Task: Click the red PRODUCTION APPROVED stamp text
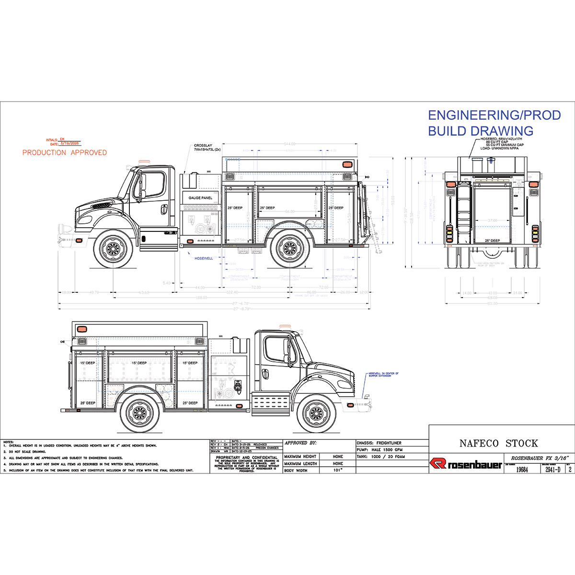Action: point(65,152)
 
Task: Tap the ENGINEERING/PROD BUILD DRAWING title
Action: point(494,123)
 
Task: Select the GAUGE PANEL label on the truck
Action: point(200,198)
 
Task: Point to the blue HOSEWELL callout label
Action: point(204,258)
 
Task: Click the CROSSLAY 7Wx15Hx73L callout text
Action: point(207,148)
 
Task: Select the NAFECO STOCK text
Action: point(498,443)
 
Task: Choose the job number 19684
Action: point(522,470)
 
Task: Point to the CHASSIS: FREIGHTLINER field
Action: point(379,443)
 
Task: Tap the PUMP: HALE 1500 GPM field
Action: point(379,450)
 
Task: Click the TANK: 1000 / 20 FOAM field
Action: point(381,457)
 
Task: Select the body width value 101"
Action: point(338,471)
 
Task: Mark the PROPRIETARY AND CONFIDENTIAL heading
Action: point(247,458)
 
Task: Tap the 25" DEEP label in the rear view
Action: point(492,241)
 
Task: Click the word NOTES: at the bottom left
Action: point(9,441)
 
